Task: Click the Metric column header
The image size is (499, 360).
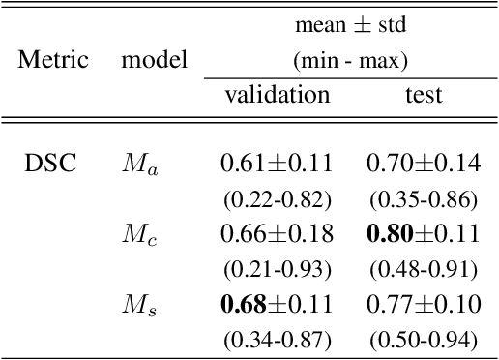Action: [x=53, y=60]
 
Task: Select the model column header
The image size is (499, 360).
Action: [x=154, y=60]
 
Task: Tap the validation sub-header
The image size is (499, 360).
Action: [x=277, y=95]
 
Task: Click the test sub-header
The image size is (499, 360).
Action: [x=424, y=95]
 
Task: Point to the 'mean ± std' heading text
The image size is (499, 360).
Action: [x=350, y=24]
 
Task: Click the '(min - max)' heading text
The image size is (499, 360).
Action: [x=350, y=60]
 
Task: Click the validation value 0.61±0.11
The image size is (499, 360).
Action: [x=277, y=165]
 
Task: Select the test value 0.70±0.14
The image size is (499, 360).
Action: [x=424, y=165]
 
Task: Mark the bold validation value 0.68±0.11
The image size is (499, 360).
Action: [x=277, y=305]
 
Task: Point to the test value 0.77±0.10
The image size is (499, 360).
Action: [x=424, y=305]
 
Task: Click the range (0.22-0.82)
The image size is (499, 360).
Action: [x=277, y=200]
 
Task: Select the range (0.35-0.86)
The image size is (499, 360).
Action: [x=424, y=200]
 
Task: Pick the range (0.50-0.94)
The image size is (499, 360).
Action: [x=424, y=340]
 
